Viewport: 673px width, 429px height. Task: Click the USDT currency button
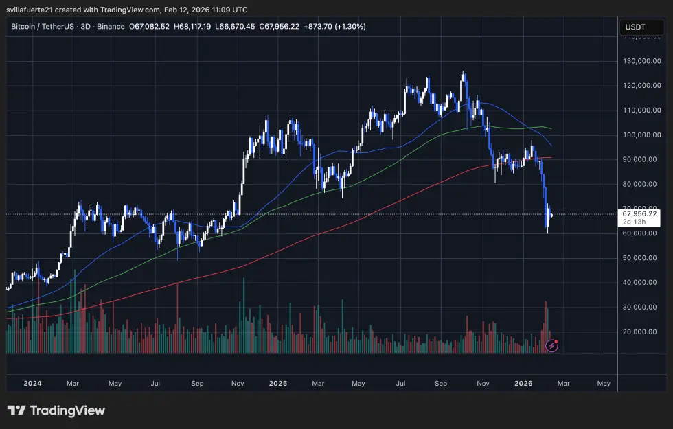[635, 27]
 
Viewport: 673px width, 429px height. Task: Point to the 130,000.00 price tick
[641, 61]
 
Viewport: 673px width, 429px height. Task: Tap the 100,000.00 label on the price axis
[641, 135]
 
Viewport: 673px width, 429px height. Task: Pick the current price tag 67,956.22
[639, 213]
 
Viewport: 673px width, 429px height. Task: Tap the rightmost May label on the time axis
[604, 383]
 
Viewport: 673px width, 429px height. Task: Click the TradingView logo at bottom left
[56, 410]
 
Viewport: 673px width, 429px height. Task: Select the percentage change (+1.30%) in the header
[351, 27]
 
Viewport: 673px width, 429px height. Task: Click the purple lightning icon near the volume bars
[552, 345]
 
